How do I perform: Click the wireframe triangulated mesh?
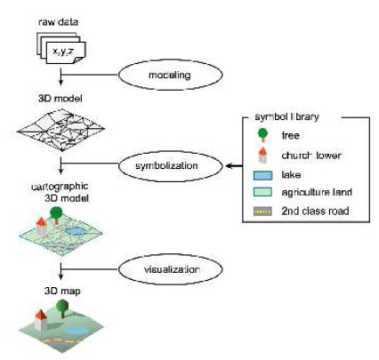pos(62,132)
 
